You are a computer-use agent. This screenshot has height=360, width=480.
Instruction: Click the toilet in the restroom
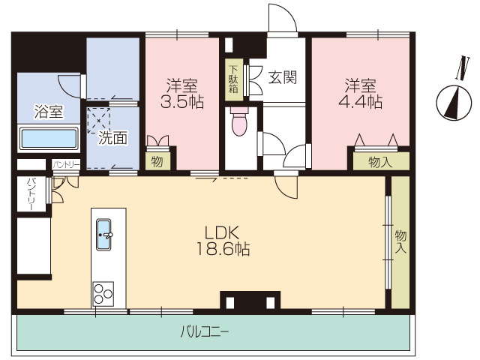tap(239, 121)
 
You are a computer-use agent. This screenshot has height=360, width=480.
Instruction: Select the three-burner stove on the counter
tap(103, 293)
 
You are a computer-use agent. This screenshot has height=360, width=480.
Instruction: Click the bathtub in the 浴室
tap(48, 138)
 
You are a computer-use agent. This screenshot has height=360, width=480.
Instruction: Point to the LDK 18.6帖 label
tap(223, 241)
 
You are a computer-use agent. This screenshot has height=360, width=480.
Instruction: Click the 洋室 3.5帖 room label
tap(181, 94)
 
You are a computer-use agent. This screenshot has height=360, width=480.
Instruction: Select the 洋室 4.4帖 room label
tap(360, 94)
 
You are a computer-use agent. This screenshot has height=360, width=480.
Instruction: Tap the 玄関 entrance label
tap(283, 77)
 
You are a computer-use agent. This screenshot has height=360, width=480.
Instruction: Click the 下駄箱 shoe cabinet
tap(234, 80)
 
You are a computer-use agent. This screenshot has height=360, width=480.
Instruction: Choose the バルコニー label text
tap(205, 331)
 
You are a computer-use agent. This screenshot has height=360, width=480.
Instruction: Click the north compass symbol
tap(454, 103)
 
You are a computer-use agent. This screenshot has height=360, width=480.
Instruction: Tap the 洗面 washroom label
tap(112, 138)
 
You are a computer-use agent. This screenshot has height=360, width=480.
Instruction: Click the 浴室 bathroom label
tap(49, 112)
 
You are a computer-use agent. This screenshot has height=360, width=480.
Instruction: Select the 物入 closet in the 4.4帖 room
tap(381, 161)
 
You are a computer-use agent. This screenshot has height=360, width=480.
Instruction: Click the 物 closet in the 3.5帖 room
tap(157, 161)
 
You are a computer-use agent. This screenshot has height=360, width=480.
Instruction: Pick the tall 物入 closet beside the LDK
tap(400, 242)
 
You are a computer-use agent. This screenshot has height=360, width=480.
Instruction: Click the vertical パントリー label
tap(31, 194)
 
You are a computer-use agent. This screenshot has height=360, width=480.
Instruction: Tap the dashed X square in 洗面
tap(98, 121)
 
